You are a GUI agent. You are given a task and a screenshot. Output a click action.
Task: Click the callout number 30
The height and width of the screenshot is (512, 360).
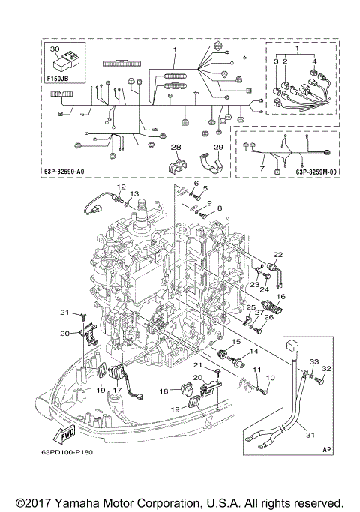[x=53, y=49]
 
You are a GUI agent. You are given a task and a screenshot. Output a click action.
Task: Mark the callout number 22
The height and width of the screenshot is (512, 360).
[x=277, y=254]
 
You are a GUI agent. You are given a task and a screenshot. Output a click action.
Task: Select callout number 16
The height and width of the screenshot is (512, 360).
[x=282, y=297]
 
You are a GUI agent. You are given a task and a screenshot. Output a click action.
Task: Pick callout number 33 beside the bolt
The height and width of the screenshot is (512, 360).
[x=313, y=362]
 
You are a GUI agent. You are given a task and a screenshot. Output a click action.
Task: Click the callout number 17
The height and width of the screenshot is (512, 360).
[x=117, y=391]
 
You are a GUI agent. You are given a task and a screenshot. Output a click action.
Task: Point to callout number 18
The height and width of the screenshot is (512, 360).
[x=163, y=391]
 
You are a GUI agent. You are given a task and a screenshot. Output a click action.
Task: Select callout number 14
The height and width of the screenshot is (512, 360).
[x=253, y=351]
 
